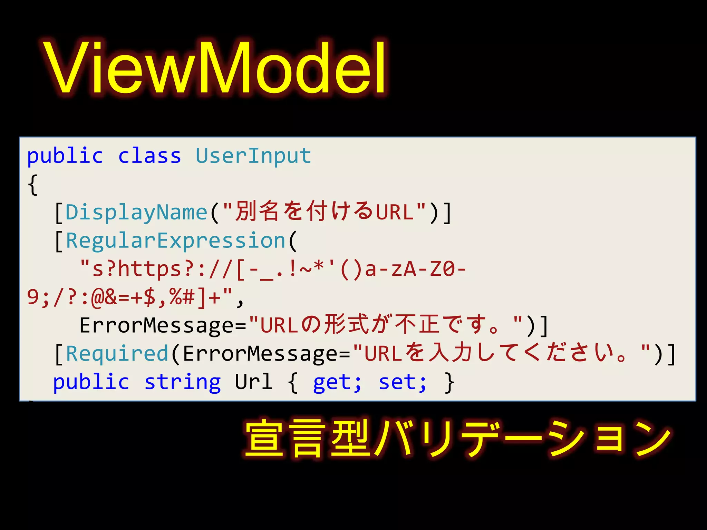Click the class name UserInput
pyautogui.click(x=253, y=156)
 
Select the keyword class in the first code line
pyautogui.click(x=149, y=156)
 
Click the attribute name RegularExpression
pyautogui.click(x=175, y=241)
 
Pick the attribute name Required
pyautogui.click(x=117, y=354)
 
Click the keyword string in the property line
pyautogui.click(x=183, y=382)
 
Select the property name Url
pyautogui.click(x=253, y=382)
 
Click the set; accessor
pyautogui.click(x=403, y=382)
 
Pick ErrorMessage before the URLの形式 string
pyautogui.click(x=163, y=325)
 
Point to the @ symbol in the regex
pyautogui.click(x=98, y=297)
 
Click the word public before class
pyautogui.click(x=65, y=156)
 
